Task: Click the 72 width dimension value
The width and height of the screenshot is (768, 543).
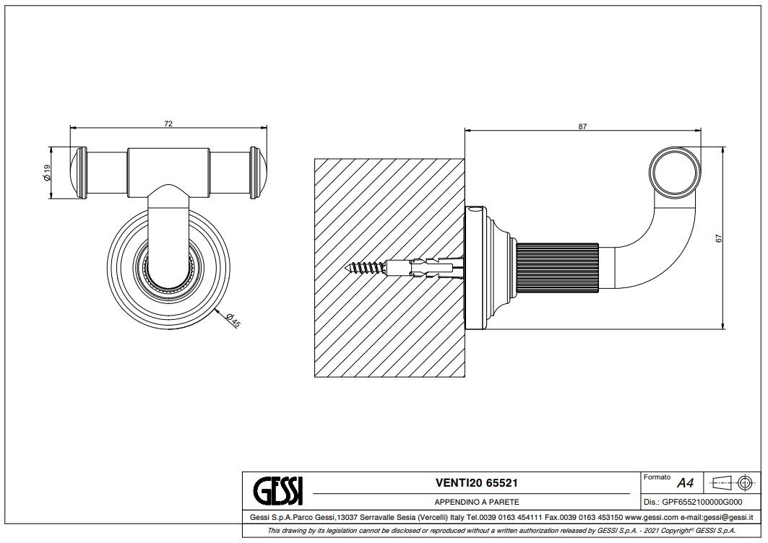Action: click(x=168, y=124)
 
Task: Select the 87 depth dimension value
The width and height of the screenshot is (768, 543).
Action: click(x=582, y=127)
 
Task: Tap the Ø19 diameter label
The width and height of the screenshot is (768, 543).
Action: click(x=47, y=173)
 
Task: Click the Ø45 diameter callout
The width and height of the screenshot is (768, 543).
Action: click(x=233, y=320)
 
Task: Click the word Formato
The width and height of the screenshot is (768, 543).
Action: click(x=657, y=477)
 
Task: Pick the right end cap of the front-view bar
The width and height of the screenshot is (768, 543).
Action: click(x=259, y=173)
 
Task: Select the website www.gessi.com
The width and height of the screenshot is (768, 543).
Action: click(x=650, y=517)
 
